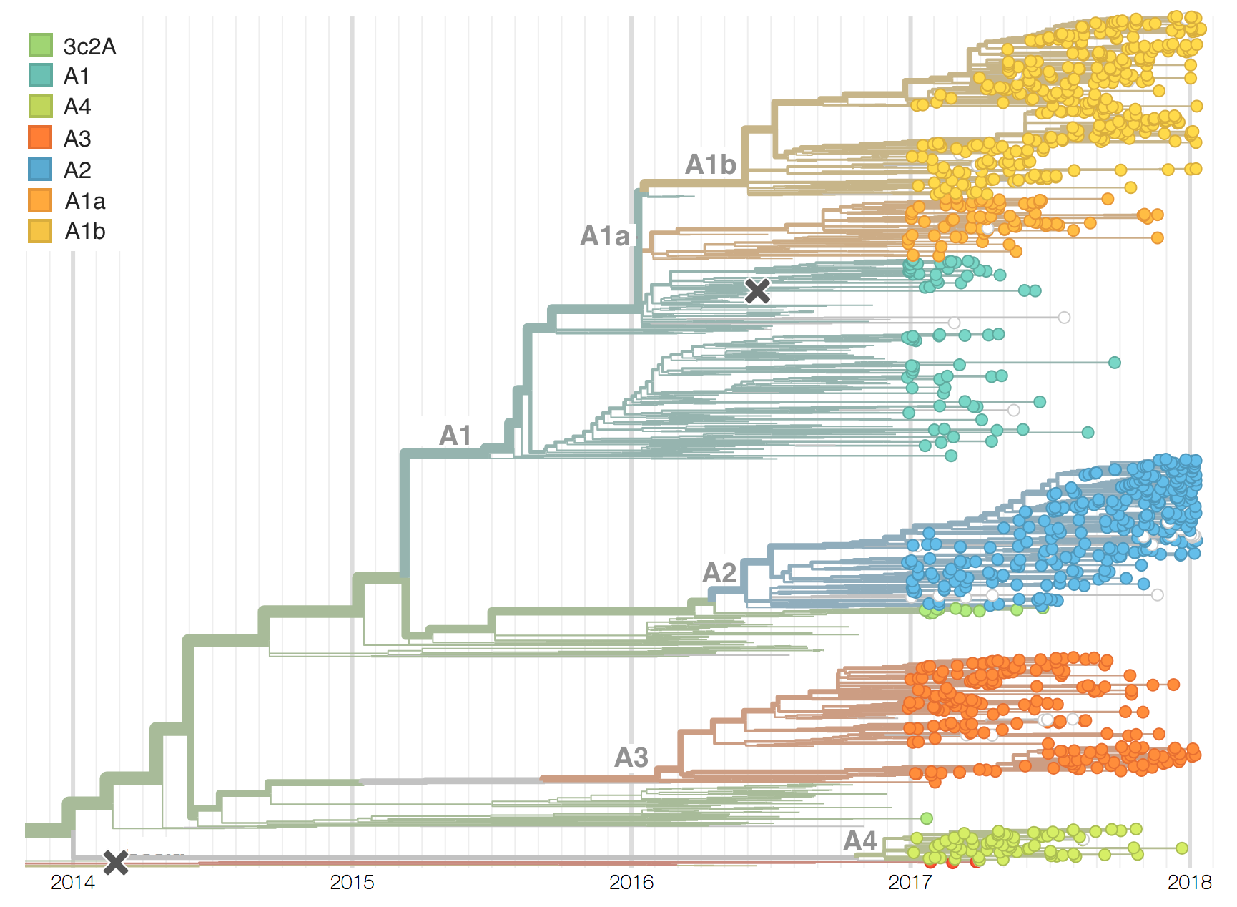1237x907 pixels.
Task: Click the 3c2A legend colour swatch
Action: tap(41, 45)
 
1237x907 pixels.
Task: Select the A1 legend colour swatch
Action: tap(41, 76)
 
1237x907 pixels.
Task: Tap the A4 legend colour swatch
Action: tap(41, 107)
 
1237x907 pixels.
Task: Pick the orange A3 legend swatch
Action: tap(41, 138)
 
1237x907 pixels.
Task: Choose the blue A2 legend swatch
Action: tap(41, 170)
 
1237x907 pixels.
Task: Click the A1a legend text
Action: tap(85, 201)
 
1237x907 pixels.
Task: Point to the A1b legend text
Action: tap(85, 232)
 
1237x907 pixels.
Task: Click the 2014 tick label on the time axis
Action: tap(72, 883)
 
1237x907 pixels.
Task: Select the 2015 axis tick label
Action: tap(352, 883)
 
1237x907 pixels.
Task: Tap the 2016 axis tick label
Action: tap(631, 883)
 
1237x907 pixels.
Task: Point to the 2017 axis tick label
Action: tap(910, 883)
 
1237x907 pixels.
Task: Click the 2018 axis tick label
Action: tap(1189, 883)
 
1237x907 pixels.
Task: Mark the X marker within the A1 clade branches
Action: tap(757, 291)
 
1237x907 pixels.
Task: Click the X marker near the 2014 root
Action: tap(116, 863)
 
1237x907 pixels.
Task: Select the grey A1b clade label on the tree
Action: tap(710, 165)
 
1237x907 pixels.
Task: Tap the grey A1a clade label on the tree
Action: tap(605, 236)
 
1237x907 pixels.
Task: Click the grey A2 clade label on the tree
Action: tap(719, 572)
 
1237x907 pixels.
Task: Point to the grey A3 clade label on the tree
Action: tap(631, 757)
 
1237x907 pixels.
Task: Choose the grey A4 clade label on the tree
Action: tap(860, 840)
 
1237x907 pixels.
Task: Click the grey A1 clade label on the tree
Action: tap(455, 435)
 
